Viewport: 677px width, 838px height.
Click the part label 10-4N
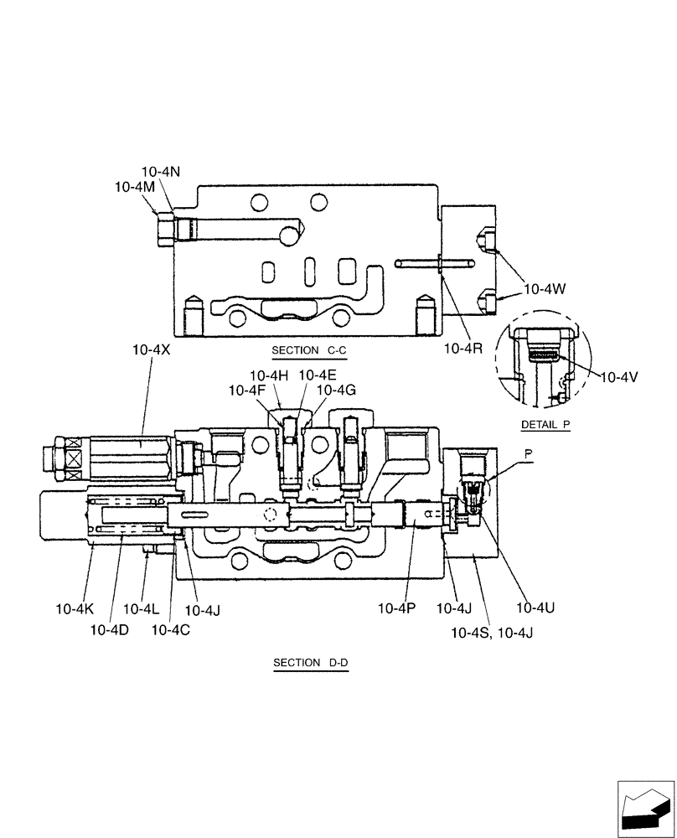(x=161, y=172)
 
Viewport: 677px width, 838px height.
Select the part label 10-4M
(x=135, y=188)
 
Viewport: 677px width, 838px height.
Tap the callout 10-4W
(x=545, y=289)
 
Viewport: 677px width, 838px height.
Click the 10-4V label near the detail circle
(x=619, y=377)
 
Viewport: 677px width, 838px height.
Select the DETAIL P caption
(x=545, y=425)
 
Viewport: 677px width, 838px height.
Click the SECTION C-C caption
(x=308, y=350)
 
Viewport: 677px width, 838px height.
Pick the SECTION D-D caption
(x=310, y=663)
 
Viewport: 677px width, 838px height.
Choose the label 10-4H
(x=269, y=375)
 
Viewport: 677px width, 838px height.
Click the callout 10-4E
(x=318, y=375)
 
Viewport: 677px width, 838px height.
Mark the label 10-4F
(x=247, y=390)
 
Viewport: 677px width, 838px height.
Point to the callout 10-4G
(x=336, y=390)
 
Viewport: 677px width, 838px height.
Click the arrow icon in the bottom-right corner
(x=644, y=808)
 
